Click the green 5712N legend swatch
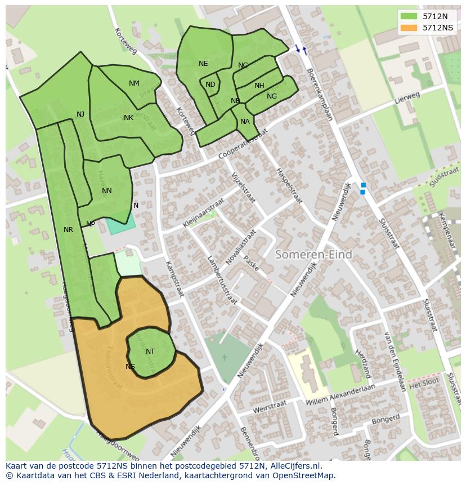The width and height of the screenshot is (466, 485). (409, 16)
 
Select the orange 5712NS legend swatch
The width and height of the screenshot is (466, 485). (409, 28)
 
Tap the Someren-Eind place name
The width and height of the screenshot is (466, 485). (313, 255)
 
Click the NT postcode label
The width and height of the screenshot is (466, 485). (150, 351)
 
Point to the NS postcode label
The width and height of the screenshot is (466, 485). (130, 367)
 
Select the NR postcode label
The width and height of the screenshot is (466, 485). (68, 230)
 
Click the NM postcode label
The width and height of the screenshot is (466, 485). (134, 83)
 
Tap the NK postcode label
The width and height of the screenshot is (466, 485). (128, 118)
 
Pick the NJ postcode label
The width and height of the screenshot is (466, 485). (80, 114)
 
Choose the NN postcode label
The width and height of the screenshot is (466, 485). (106, 191)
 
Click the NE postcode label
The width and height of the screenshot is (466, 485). (203, 64)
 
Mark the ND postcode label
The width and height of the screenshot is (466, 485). (210, 84)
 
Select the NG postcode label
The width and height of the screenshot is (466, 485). (272, 96)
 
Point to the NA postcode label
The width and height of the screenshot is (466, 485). (245, 122)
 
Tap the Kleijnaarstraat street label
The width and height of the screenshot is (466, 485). (203, 212)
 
